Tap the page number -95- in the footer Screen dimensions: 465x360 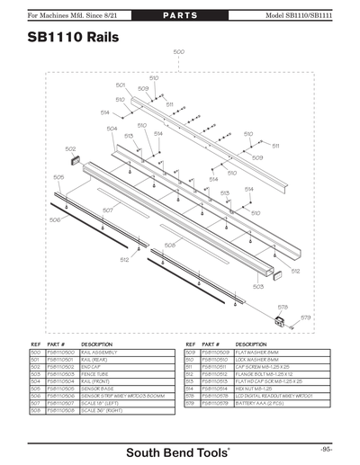coord(325,448)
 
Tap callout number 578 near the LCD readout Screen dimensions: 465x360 coord(283,307)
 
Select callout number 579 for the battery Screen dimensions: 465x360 coord(306,317)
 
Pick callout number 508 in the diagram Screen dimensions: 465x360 coord(169,245)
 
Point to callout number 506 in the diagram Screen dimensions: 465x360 coord(55,219)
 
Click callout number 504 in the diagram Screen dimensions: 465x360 coord(112,129)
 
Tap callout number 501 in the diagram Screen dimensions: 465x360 coord(121,85)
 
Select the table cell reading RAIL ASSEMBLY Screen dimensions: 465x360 coord(100,353)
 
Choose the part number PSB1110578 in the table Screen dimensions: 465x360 coord(216,396)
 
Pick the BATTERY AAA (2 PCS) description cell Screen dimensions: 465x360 coord(260,403)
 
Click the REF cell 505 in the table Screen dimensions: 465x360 coord(35,389)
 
